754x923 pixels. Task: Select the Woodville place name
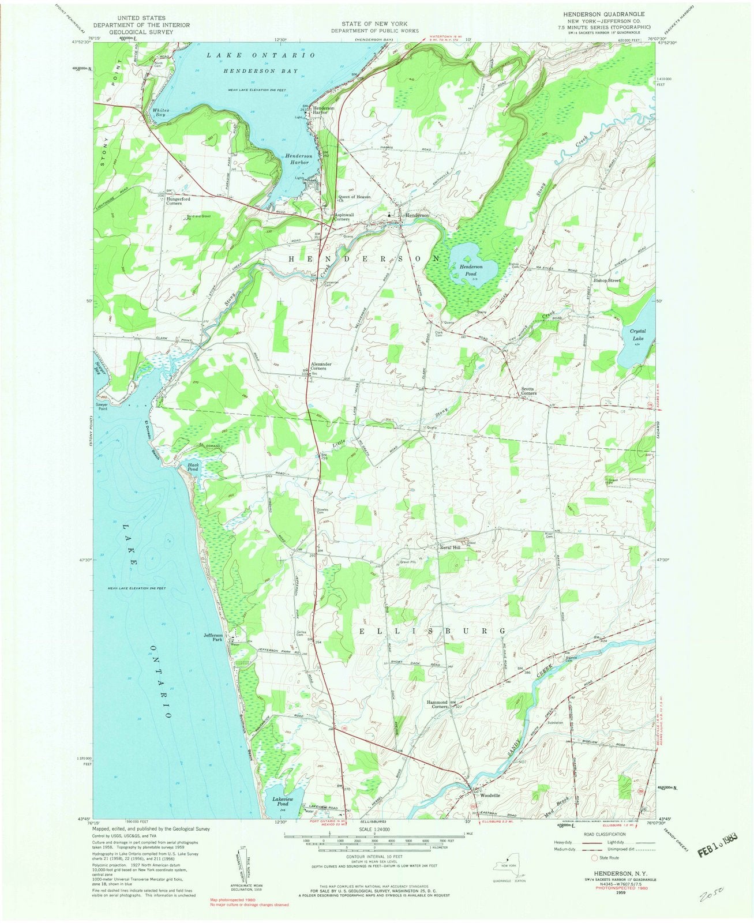click(x=488, y=796)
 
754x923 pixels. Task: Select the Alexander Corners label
click(x=321, y=366)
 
